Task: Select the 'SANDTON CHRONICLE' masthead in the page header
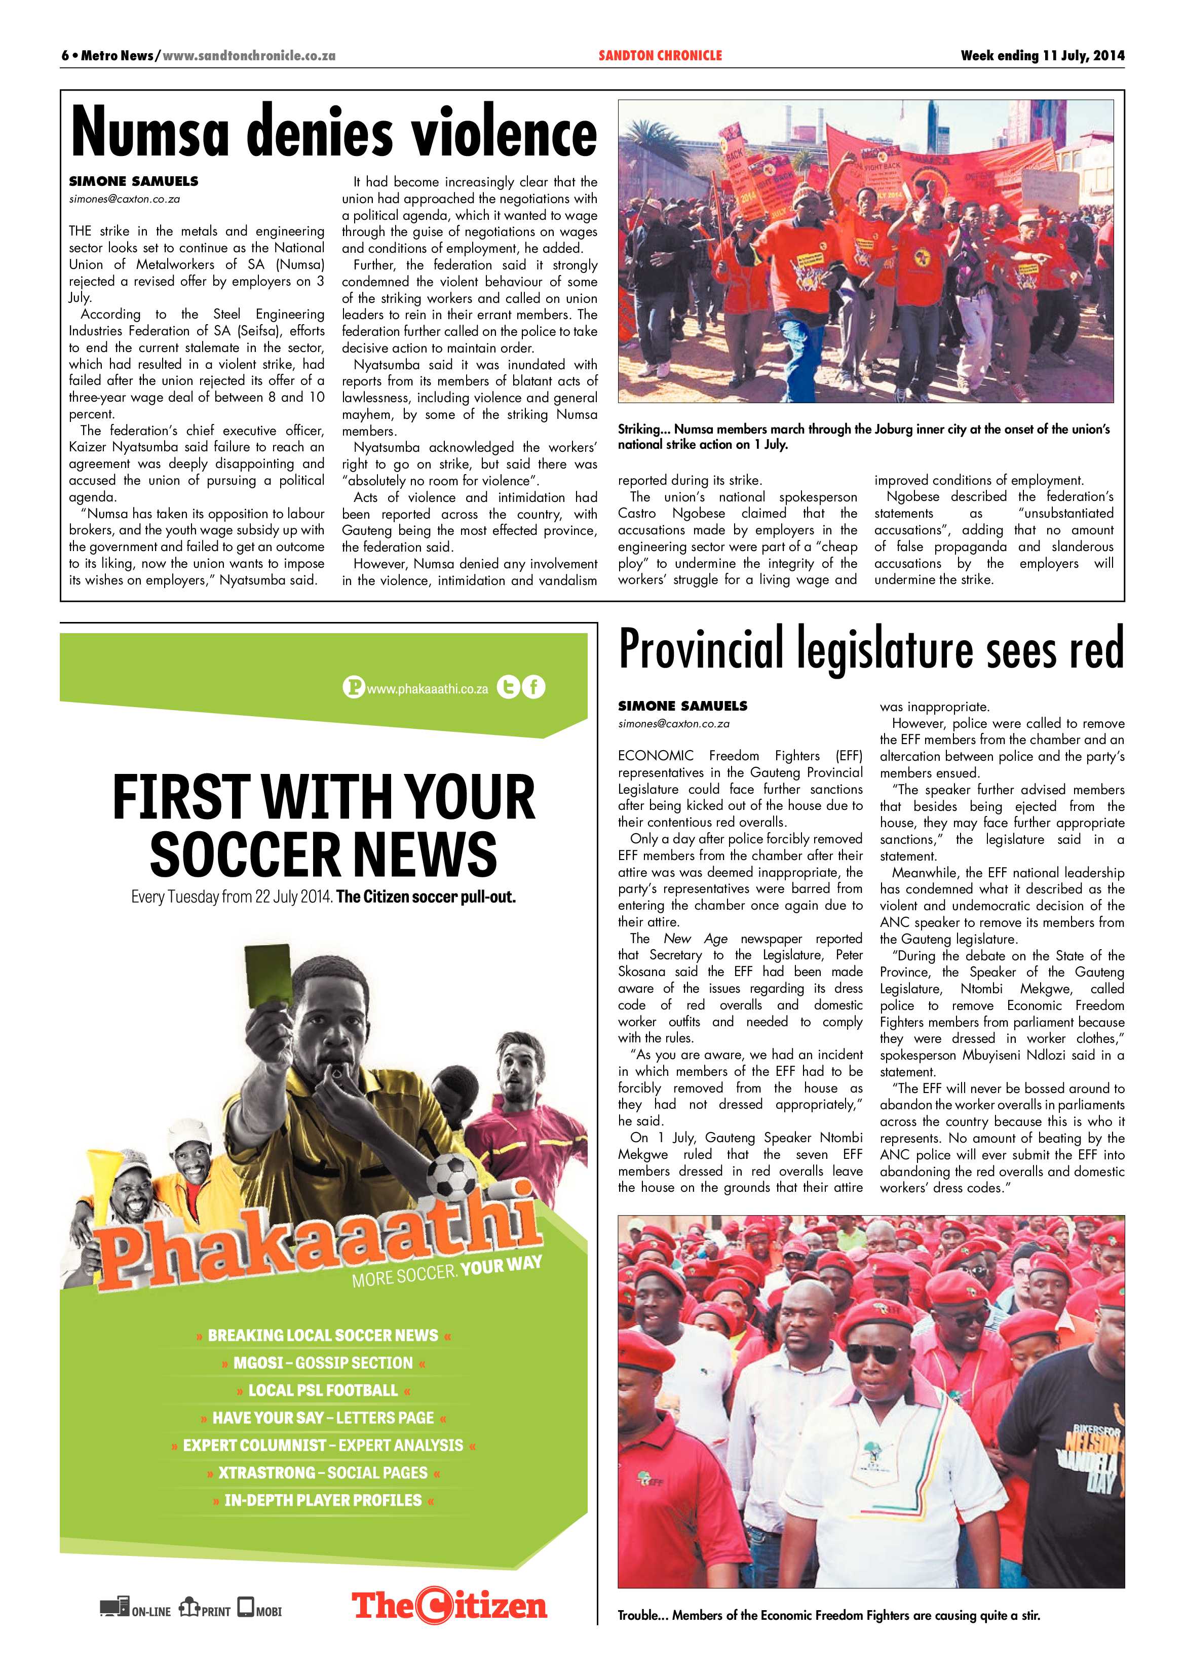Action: [x=660, y=55]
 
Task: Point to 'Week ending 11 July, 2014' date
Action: [x=1042, y=55]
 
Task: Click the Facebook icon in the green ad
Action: [x=534, y=687]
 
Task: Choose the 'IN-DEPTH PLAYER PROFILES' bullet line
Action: [x=323, y=1500]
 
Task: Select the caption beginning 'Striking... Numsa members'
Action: [x=863, y=436]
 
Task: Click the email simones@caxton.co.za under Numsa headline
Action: [x=124, y=199]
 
